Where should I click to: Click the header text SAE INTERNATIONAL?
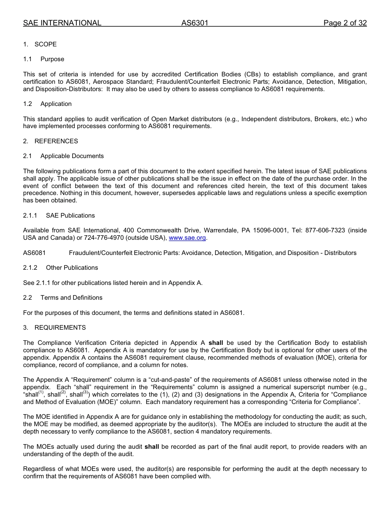pos(62,23)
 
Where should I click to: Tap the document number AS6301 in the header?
pos(195,23)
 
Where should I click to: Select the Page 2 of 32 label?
pos(345,23)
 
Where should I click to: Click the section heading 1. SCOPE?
pos(40,44)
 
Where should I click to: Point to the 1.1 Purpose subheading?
pos(44,59)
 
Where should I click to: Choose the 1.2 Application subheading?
pos(48,104)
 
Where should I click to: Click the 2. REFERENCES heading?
pos(50,141)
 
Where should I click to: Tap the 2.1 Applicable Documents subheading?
pos(64,156)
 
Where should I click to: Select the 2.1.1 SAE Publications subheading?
pos(59,216)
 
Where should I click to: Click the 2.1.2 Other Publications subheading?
pos(61,268)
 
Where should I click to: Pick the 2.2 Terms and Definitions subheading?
pos(63,298)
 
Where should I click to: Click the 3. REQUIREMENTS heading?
pos(55,328)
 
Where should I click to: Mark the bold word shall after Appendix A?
pos(216,343)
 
